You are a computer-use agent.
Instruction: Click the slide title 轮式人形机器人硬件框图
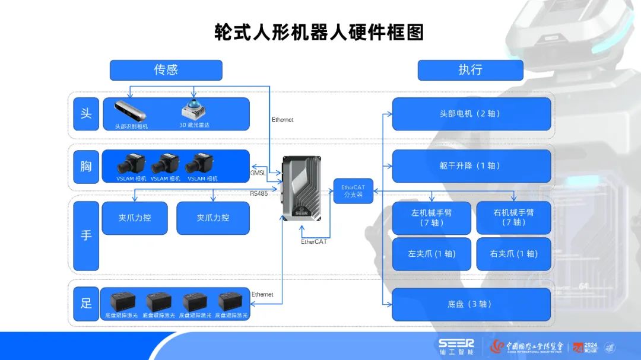tap(319, 32)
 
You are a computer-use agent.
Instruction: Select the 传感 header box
tap(166, 70)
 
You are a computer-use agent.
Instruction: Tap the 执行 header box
tap(470, 70)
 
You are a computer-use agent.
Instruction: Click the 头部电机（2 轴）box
tap(471, 114)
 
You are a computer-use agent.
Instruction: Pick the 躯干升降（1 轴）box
tap(471, 166)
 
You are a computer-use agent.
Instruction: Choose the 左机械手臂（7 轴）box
tap(431, 218)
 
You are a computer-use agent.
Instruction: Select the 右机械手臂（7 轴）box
tap(513, 218)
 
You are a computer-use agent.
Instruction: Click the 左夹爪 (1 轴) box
tap(431, 254)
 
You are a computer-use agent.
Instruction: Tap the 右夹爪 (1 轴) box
tap(513, 254)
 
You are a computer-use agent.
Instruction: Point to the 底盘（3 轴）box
tap(471, 304)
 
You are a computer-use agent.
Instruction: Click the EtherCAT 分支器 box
tap(353, 191)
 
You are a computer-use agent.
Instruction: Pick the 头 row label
tap(86, 113)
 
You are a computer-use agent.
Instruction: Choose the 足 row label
tap(86, 303)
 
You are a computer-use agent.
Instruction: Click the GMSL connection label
tap(258, 173)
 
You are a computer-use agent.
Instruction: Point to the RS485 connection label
tap(258, 193)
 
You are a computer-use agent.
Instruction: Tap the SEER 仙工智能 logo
tap(456, 347)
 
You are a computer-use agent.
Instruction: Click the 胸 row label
tap(86, 166)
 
